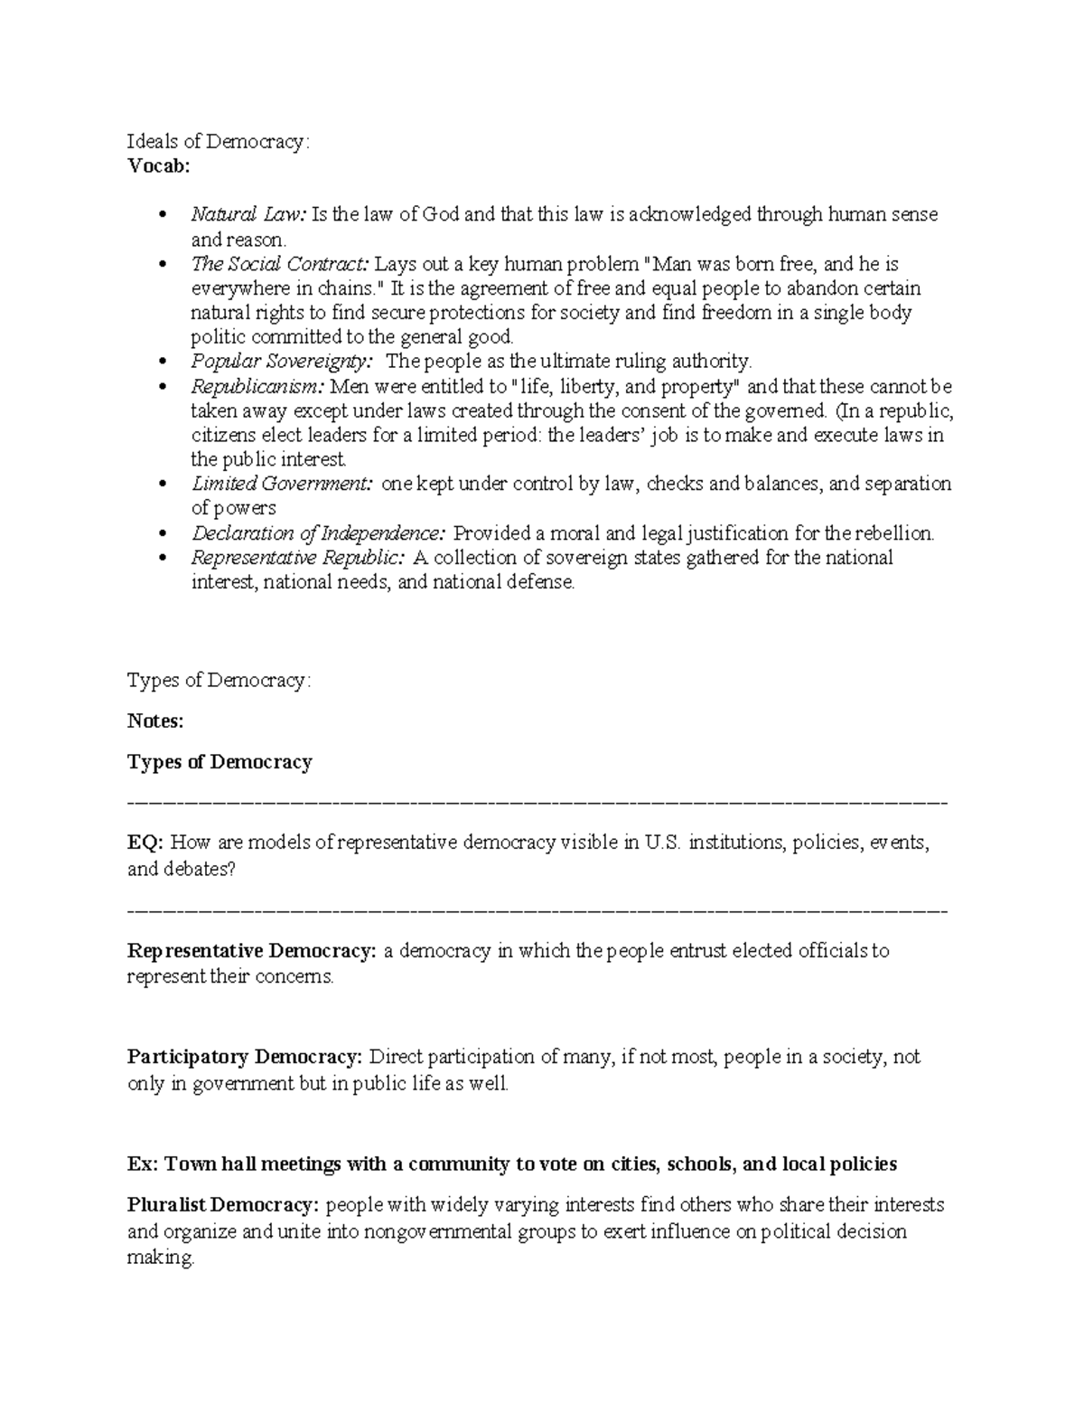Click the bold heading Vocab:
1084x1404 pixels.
(158, 166)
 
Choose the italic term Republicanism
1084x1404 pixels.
(257, 387)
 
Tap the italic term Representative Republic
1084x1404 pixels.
(298, 558)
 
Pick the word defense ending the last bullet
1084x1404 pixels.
(540, 583)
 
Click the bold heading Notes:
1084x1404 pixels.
(155, 721)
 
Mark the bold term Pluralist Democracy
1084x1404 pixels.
(223, 1205)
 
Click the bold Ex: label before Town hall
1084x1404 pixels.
(143, 1164)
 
